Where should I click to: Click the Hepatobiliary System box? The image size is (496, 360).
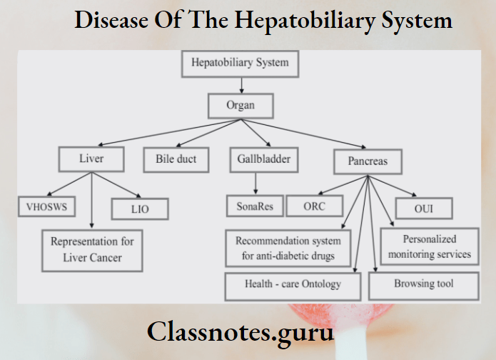(240, 63)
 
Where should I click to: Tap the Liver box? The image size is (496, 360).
(91, 159)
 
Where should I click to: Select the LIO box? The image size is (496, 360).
(140, 209)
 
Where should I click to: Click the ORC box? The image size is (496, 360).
(314, 206)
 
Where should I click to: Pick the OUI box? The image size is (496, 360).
(424, 209)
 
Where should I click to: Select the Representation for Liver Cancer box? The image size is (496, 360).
(92, 249)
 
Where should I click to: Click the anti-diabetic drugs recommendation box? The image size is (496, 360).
(288, 248)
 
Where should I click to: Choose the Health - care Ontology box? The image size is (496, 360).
(293, 284)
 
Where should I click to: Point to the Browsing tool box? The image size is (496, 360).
(424, 284)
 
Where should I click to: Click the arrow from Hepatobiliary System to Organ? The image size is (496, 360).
(242, 85)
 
